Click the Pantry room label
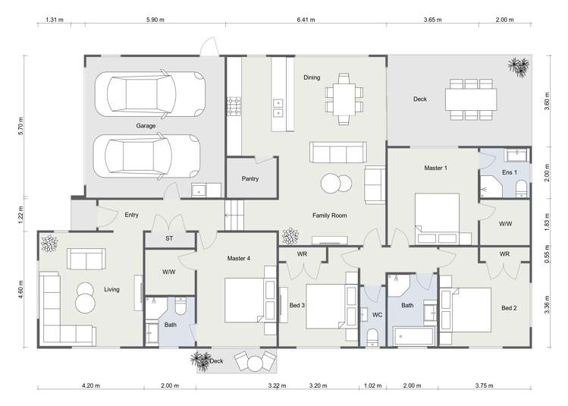click(249, 180)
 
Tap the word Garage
click(146, 126)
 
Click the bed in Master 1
click(437, 216)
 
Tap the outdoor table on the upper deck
click(471, 99)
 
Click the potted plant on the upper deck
click(519, 65)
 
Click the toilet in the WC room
click(372, 336)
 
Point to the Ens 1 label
click(510, 172)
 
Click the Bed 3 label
click(297, 305)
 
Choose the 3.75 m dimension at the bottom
click(497, 386)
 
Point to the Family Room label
click(329, 216)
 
